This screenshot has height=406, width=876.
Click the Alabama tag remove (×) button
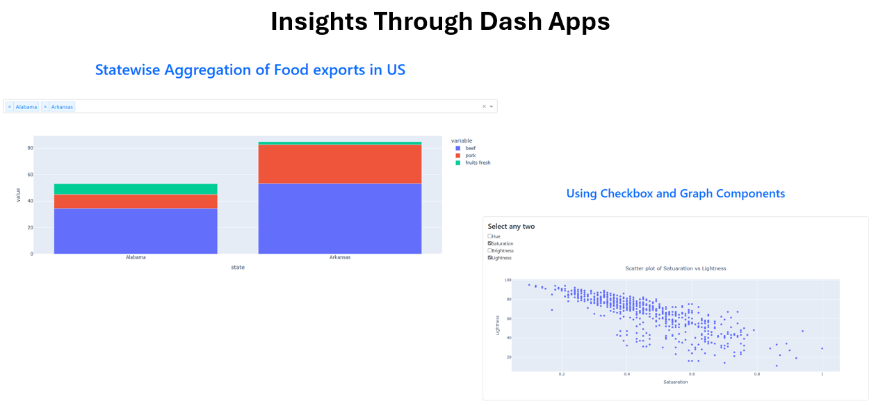[10, 107]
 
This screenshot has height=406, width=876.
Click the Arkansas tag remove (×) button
[45, 107]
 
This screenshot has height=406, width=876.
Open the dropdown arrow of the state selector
[491, 107]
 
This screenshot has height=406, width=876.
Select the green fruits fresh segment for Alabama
[136, 189]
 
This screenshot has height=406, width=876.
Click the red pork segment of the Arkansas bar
[340, 164]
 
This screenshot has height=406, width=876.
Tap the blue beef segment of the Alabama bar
[136, 232]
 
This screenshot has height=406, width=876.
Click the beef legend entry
[466, 148]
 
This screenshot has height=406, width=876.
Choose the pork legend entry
[466, 155]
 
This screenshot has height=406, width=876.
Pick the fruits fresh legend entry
[473, 163]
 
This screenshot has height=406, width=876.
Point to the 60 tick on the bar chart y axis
[30, 174]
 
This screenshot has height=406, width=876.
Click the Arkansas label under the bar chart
[340, 257]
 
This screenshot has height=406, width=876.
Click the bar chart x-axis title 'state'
[238, 268]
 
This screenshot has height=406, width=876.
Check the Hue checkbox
[489, 236]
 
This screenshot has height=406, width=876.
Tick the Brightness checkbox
[489, 250]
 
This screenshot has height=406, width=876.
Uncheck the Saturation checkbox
[489, 243]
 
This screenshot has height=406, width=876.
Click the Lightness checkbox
[489, 258]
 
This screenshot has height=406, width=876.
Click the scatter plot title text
[675, 268]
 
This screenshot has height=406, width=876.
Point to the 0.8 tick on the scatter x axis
[757, 374]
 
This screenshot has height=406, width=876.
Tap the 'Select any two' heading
[511, 227]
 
